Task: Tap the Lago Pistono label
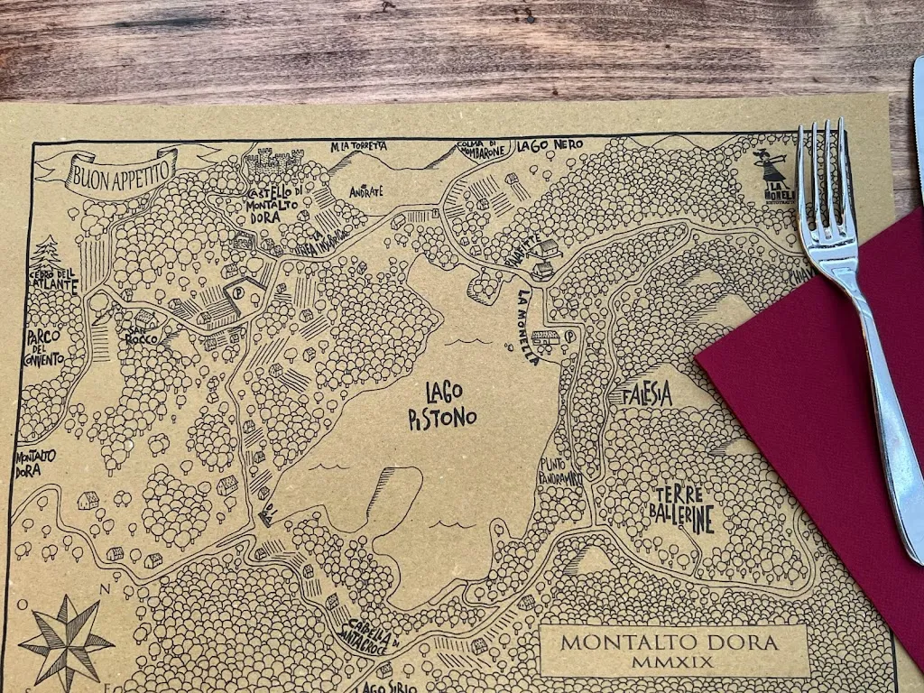441,405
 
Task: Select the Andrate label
365,191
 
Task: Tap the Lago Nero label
550,144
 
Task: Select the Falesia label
647,394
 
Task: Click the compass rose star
66,642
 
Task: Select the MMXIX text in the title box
675,662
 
